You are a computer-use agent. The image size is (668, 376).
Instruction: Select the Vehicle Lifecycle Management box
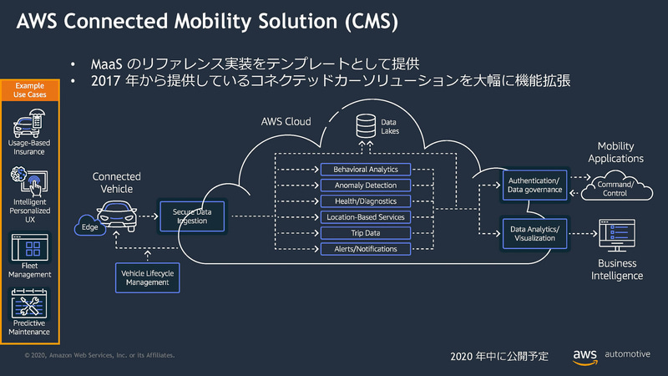click(x=148, y=278)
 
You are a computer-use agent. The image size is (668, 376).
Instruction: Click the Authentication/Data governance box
click(x=534, y=185)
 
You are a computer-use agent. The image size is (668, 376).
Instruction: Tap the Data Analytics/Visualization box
click(x=534, y=232)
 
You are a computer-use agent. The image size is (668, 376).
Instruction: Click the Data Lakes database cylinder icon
click(x=365, y=126)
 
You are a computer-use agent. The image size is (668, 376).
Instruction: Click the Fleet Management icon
click(x=31, y=249)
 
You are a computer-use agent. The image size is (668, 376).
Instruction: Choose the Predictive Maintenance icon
click(x=31, y=303)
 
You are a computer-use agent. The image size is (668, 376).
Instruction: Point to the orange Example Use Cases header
click(x=31, y=90)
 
